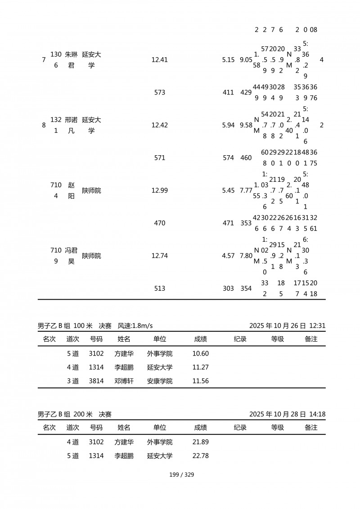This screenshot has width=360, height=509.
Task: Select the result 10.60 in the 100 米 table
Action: tap(200, 354)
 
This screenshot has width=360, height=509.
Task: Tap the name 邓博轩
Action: tap(124, 381)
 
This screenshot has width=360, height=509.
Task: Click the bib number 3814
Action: tap(96, 381)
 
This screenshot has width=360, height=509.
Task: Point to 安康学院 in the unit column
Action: tap(160, 381)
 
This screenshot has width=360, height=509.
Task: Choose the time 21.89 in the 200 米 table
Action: tap(200, 442)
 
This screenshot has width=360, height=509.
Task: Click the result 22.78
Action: tap(200, 456)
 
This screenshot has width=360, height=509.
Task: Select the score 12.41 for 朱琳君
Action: tap(160, 60)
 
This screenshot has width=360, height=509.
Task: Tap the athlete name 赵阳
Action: tap(71, 190)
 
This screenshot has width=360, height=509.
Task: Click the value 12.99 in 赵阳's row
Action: tap(160, 190)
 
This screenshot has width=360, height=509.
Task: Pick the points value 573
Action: tap(160, 93)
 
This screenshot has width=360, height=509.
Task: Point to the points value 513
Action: tap(160, 288)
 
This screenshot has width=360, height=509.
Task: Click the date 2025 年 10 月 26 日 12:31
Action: tap(287, 325)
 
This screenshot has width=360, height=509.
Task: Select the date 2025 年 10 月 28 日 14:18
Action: tap(287, 414)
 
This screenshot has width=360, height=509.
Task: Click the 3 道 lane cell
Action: tap(73, 381)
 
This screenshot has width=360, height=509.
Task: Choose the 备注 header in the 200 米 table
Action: tap(311, 428)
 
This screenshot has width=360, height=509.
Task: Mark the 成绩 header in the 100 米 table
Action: tap(200, 339)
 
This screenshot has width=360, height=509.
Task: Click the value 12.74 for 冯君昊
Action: tap(160, 256)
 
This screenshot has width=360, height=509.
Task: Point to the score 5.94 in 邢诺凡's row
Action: tap(228, 125)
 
